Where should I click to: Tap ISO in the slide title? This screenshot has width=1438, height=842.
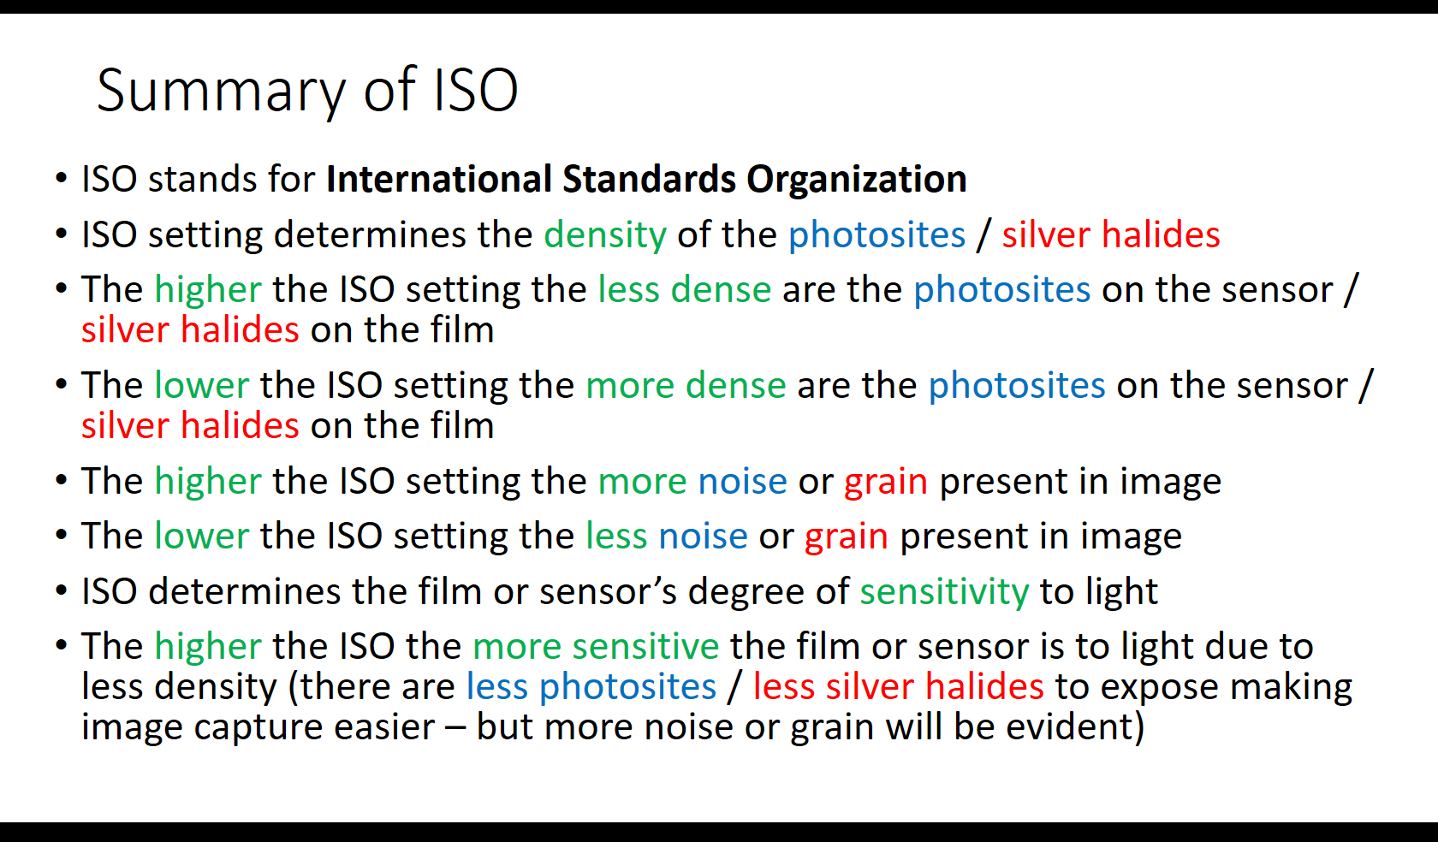(x=476, y=90)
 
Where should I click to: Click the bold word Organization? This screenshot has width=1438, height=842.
(x=856, y=180)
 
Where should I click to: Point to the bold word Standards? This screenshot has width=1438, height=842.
(x=649, y=178)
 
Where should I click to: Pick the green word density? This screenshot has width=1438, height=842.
(x=605, y=234)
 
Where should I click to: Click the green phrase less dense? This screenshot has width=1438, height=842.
(x=685, y=289)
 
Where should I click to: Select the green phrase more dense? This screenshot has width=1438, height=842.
(x=686, y=386)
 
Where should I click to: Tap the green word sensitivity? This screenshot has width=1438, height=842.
(x=944, y=592)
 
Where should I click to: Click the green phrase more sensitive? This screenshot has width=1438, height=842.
(x=596, y=646)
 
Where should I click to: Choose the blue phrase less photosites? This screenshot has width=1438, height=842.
(x=591, y=687)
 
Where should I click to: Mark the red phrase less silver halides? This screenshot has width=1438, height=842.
(x=899, y=686)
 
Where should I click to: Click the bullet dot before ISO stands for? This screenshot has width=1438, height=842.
(x=62, y=178)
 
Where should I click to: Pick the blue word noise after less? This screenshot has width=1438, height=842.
(x=703, y=537)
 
